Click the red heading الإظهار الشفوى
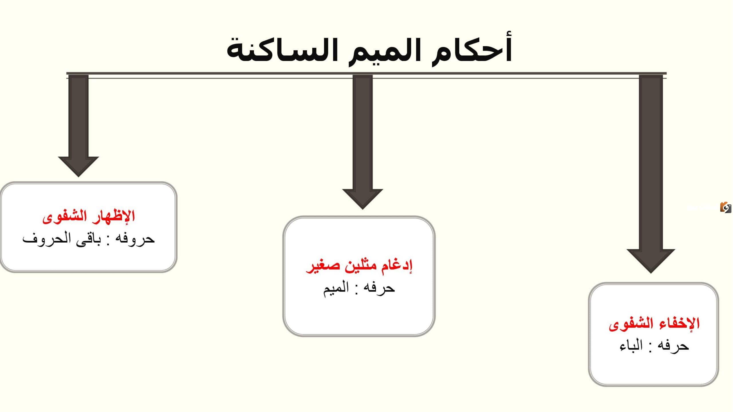click(x=89, y=216)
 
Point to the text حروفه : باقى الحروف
click(x=88, y=238)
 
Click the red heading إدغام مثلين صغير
click(x=359, y=266)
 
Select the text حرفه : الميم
click(x=359, y=287)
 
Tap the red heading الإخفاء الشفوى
click(x=654, y=324)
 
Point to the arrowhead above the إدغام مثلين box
click(x=362, y=199)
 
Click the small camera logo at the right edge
click(x=726, y=207)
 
